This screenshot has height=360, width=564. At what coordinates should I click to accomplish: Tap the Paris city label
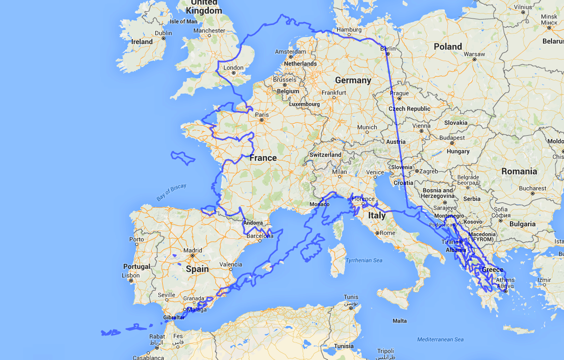[262, 115]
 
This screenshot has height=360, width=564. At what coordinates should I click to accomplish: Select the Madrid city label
[192, 250]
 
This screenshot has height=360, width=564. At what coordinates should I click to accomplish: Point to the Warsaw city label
[474, 54]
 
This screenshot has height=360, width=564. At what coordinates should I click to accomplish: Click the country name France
[263, 158]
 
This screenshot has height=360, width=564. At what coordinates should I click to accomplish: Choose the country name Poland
[448, 47]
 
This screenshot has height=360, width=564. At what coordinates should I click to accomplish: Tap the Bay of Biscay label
[171, 193]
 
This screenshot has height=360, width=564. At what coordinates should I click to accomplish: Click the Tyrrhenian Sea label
[364, 260]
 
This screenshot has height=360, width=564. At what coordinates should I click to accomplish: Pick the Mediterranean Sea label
[440, 339]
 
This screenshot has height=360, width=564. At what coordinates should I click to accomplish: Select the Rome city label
[388, 233]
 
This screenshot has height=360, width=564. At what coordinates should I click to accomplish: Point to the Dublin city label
[163, 34]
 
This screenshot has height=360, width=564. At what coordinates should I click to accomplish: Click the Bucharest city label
[532, 189]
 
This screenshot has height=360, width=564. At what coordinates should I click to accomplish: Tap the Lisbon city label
[131, 276]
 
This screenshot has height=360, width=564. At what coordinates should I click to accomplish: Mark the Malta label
[400, 320]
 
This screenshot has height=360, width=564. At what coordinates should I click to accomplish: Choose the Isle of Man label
[184, 22]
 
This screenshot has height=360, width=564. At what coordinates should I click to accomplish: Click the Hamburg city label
[349, 30]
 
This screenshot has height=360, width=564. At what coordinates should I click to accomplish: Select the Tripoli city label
[386, 351]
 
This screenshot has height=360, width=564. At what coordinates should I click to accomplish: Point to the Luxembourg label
[304, 104]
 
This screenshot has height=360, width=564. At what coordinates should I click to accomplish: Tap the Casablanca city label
[148, 357]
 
